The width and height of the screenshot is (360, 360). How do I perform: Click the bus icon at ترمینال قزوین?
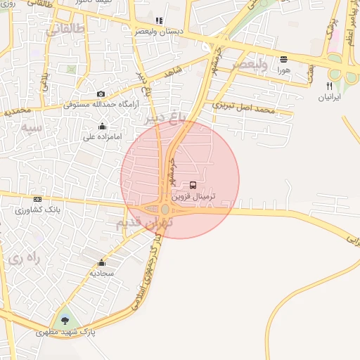[193, 185]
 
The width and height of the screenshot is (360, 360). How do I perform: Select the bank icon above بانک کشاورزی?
[37, 199]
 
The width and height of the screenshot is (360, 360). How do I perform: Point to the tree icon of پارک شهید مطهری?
[65, 321]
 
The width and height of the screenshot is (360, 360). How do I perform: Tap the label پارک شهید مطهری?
[65, 331]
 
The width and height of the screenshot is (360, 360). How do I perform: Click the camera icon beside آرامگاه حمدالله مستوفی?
[101, 94]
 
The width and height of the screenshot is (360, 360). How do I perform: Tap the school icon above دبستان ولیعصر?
[159, 21]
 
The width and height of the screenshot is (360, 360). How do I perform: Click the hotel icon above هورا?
[283, 60]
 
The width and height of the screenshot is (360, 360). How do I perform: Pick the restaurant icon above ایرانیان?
[328, 86]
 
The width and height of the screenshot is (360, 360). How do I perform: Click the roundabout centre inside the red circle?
[165, 210]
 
